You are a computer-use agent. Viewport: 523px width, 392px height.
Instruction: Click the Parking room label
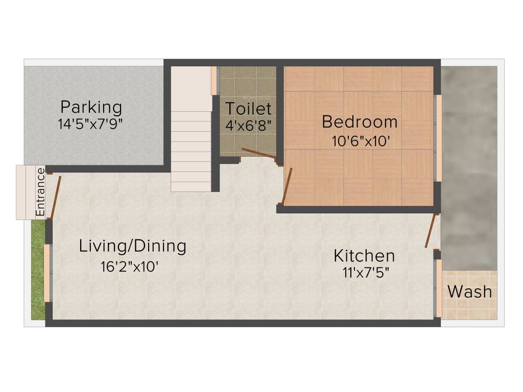(x=91, y=108)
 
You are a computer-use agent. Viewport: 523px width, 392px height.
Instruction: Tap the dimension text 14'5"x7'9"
(x=91, y=124)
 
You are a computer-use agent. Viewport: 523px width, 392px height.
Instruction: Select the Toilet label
(x=248, y=109)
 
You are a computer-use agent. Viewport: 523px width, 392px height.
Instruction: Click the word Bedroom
(x=360, y=122)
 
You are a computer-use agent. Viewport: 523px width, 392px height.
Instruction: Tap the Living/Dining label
(x=132, y=246)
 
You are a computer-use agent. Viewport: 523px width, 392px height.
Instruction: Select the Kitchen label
(x=364, y=255)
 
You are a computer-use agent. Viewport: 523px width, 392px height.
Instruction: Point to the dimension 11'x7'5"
(x=366, y=272)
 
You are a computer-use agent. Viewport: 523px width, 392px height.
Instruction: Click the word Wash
(x=470, y=292)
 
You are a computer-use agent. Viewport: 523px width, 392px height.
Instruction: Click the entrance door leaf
(x=55, y=198)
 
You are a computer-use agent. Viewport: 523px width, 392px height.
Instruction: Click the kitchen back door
(x=432, y=231)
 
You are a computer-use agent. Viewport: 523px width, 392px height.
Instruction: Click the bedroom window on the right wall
(x=438, y=138)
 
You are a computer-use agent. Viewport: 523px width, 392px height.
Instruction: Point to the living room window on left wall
(x=47, y=273)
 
